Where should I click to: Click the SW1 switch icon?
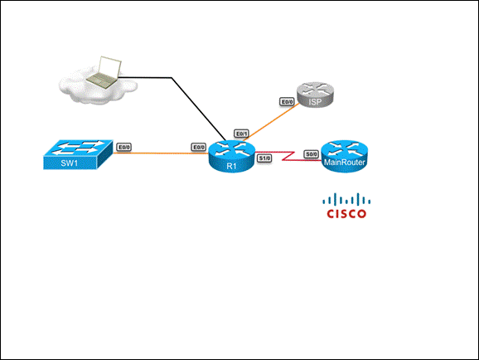pos(78,154)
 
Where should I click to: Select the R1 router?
pos(231,156)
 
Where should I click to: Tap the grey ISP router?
pos(315,95)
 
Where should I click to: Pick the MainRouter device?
pos(344,156)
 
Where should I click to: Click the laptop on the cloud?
pos(104,72)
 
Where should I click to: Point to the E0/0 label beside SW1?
pos(124,148)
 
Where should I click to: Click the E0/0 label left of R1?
pos(199,148)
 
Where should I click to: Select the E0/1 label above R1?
pos(242,134)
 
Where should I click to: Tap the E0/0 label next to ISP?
pos(287,102)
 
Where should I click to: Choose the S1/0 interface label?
pos(264,158)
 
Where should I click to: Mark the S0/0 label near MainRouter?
pos(312,154)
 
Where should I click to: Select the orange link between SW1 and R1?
pos(161,153)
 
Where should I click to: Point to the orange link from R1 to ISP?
pos(271,122)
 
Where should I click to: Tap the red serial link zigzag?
pos(288,156)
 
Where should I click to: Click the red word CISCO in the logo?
pos(346,213)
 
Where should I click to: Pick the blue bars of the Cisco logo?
pos(346,199)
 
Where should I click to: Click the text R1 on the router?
pos(231,166)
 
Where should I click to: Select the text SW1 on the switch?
pos(70,163)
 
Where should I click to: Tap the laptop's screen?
pos(110,67)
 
